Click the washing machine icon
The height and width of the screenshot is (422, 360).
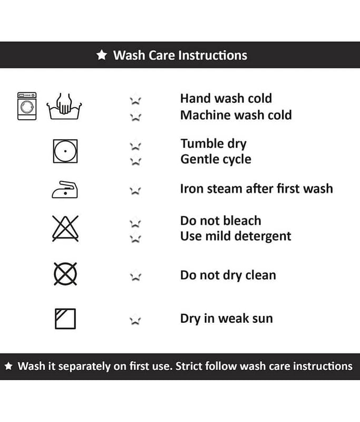tap(27, 106)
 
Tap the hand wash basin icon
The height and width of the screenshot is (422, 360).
tap(64, 107)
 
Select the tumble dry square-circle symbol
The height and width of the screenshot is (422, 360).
tap(65, 151)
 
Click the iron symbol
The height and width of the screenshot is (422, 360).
tap(65, 190)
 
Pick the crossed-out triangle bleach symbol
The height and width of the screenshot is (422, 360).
tap(65, 228)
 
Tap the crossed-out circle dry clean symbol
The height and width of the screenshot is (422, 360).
tap(65, 274)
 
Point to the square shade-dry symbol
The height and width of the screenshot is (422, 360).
tap(65, 319)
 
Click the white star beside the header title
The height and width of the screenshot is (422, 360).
tap(102, 55)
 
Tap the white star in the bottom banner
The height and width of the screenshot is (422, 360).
tap(8, 366)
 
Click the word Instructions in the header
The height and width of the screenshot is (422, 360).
tap(212, 55)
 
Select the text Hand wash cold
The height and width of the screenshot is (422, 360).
tap(226, 99)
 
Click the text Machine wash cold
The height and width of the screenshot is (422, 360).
tap(236, 115)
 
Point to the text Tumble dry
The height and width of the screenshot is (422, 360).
tap(213, 144)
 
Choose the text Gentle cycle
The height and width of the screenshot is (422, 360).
tap(216, 159)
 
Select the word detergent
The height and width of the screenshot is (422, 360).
tap(265, 236)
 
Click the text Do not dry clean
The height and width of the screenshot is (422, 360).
tap(228, 275)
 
